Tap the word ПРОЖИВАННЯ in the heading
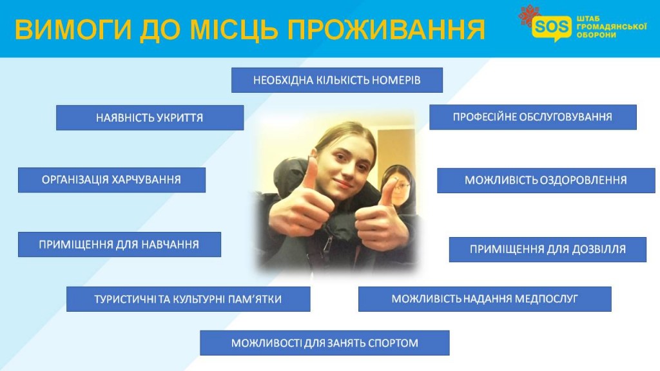[386, 30]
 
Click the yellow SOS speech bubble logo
[552, 28]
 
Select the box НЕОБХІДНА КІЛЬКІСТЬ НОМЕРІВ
[336, 80]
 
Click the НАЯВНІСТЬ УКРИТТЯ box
[150, 117]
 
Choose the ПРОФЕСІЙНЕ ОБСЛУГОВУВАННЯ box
[533, 117]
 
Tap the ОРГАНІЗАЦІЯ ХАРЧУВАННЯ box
[112, 180]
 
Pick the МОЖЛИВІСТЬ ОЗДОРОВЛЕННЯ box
[546, 180]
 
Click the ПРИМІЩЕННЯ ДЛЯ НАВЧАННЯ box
[119, 244]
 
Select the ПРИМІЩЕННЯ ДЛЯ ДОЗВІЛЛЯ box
[548, 249]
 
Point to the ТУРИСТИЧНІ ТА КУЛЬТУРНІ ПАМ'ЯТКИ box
[188, 299]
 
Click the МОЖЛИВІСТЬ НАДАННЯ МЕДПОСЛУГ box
[485, 299]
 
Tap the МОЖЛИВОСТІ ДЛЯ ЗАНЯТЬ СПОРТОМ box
[325, 343]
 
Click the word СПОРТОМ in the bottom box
[393, 343]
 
